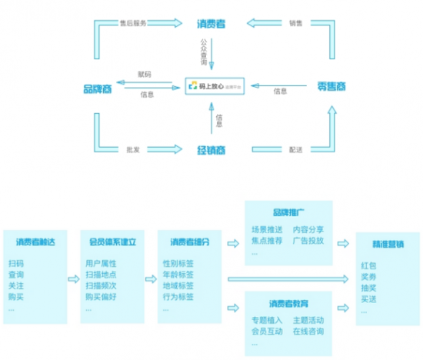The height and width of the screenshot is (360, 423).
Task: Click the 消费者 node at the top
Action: (211, 25)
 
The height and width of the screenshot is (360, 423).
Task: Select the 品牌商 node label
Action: (100, 87)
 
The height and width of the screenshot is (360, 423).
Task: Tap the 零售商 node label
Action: (331, 87)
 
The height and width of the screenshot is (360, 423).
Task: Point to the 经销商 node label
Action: (211, 149)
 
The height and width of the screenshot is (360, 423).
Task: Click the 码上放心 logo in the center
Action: (211, 87)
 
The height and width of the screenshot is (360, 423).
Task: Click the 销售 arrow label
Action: (295, 24)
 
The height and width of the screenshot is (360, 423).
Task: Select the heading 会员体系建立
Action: (113, 242)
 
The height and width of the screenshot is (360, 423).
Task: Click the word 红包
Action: (368, 264)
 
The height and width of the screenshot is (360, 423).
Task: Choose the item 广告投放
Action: (308, 240)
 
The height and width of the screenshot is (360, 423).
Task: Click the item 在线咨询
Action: (308, 332)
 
